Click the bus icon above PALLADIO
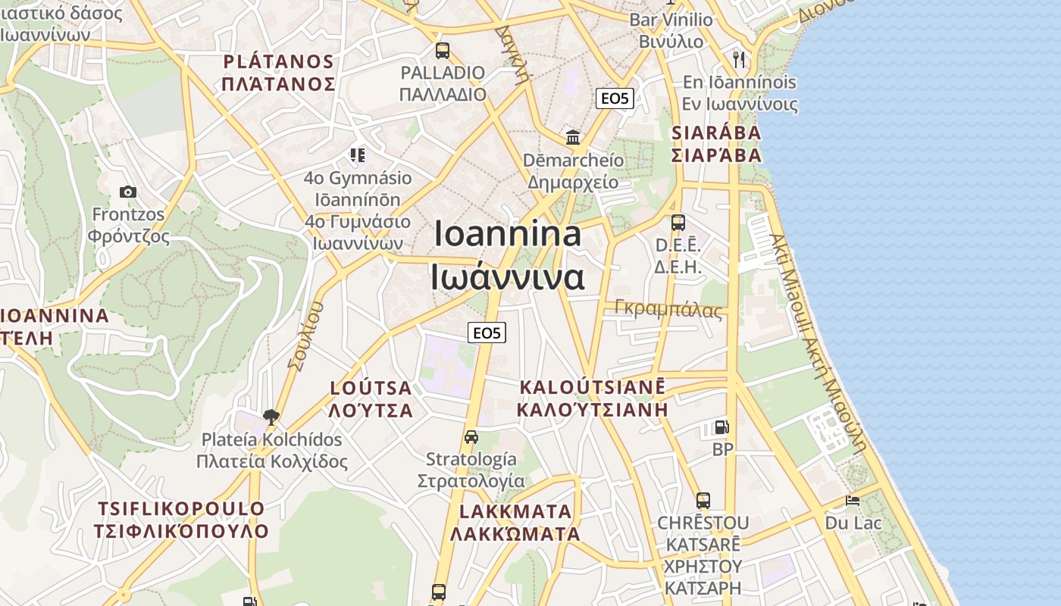pos(442,51)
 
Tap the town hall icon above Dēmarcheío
pos(573,138)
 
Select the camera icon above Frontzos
pos(128,192)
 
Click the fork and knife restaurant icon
pos(739,59)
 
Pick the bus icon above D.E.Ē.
pos(678,223)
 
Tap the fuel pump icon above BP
pos(722,427)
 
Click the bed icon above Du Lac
pos(853,501)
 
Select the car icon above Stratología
pos(471,437)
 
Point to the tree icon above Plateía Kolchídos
pos(271,416)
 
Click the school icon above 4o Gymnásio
pos(357,155)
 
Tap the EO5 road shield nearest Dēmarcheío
pos(614,98)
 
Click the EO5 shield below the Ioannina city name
pos(486,333)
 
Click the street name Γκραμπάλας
pos(668,308)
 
